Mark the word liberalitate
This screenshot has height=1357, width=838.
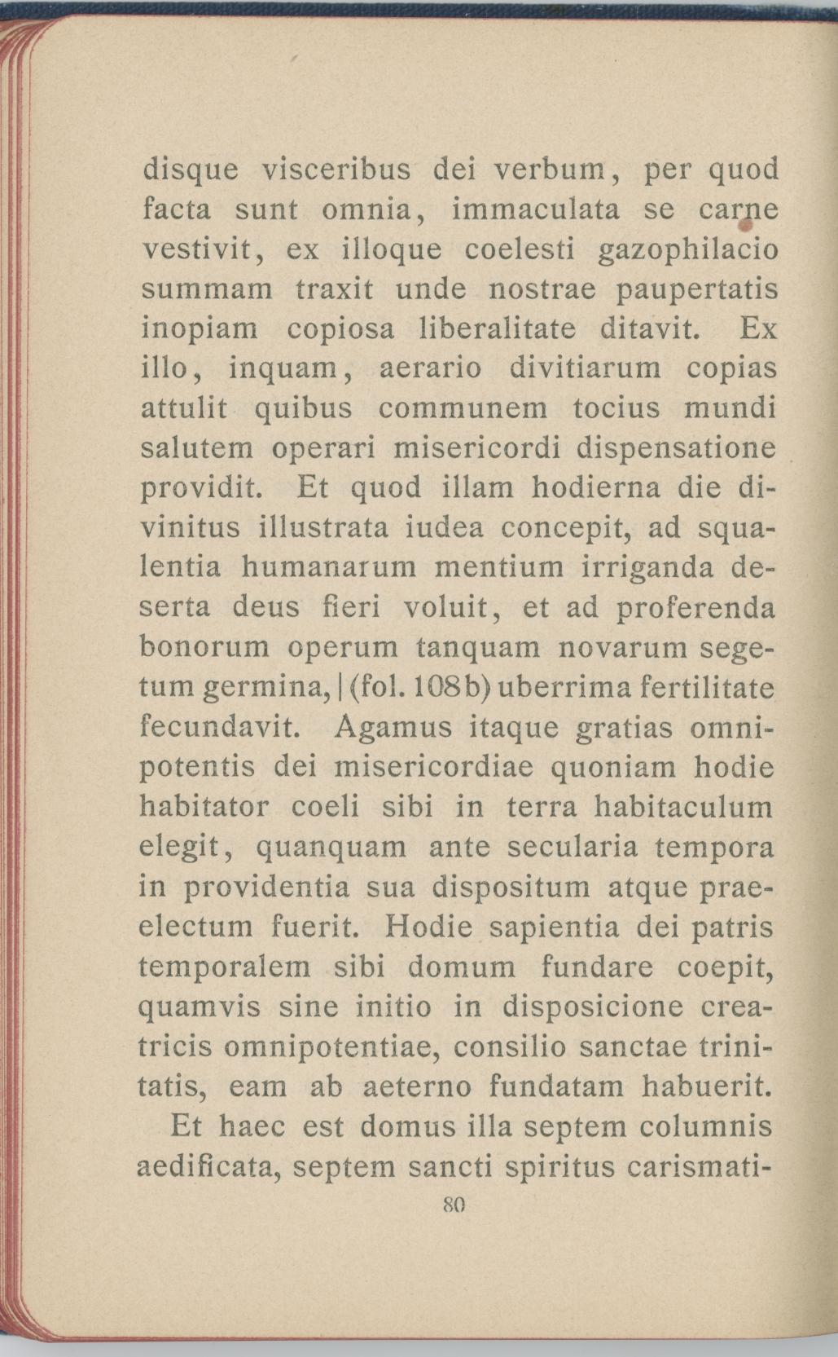496,329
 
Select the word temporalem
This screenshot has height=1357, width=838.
226,967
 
